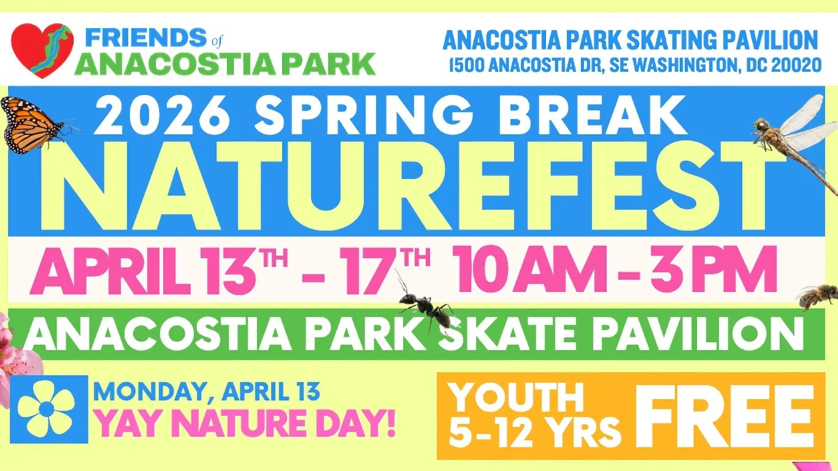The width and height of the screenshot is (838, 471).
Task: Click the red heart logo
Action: (x=42, y=50)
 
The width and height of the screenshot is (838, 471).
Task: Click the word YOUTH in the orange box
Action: (x=517, y=397)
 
